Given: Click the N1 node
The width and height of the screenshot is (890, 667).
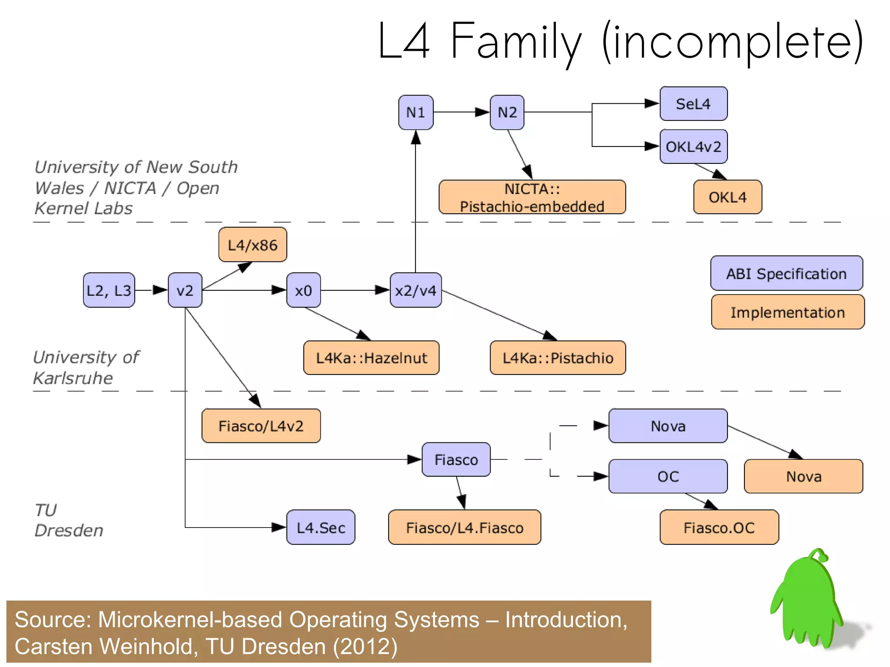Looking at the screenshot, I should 415,113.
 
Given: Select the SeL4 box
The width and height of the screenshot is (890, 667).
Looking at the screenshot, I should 693,104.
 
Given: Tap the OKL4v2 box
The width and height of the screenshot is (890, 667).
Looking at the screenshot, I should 693,147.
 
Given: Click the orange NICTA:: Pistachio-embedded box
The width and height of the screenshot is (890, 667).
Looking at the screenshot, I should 532,197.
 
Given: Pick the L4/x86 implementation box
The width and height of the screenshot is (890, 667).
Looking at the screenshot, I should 252,245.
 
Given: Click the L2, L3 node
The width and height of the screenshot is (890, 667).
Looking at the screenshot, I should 109,290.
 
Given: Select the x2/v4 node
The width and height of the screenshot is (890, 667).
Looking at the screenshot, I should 415,290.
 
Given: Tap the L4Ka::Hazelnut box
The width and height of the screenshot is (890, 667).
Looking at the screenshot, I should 371,358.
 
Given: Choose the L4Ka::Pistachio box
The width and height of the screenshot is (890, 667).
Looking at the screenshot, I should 558,358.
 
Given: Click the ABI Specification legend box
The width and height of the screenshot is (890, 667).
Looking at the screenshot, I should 786,274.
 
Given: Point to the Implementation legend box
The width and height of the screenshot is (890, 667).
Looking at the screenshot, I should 787,312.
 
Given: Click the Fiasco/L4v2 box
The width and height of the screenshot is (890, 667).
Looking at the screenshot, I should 261,426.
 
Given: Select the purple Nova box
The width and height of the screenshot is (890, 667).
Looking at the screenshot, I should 668,426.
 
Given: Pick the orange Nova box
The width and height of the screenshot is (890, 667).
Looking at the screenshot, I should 803,477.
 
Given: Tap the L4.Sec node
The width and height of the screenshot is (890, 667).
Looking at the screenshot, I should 321,528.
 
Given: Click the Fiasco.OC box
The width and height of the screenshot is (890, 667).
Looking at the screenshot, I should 719,528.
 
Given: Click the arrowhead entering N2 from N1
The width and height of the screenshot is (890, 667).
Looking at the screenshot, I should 482,112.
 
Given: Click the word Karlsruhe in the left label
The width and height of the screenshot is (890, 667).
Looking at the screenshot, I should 73,378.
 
